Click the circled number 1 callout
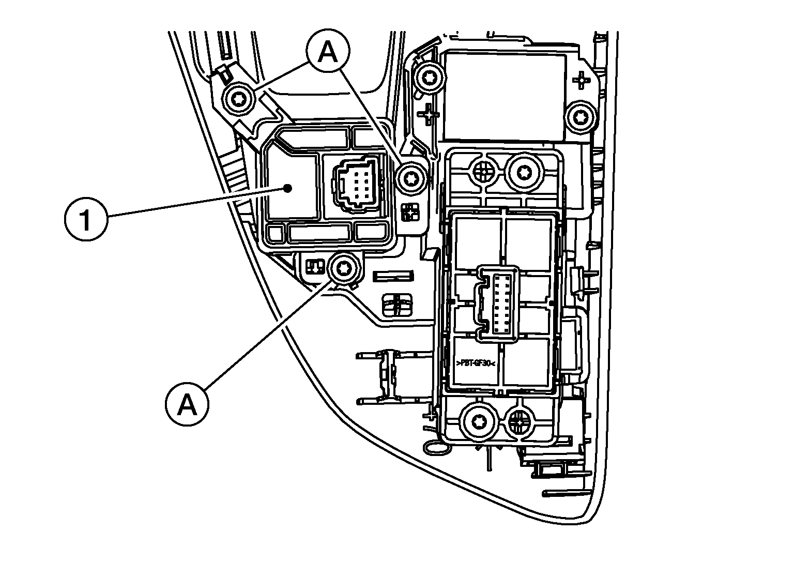(x=86, y=220)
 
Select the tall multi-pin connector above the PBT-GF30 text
(x=499, y=303)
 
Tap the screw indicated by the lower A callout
(x=343, y=268)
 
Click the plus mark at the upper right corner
(x=583, y=81)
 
